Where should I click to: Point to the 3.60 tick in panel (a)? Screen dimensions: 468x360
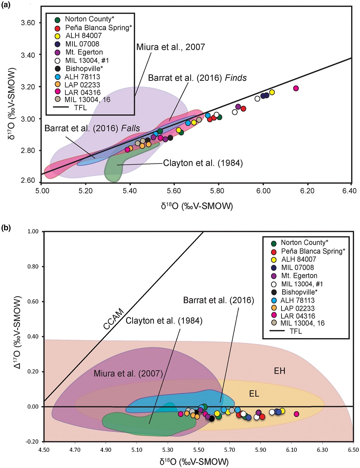tap(28, 23)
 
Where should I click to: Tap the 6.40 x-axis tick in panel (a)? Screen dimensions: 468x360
tap(349, 191)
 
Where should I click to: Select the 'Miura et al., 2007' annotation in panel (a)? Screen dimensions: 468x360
tap(171, 47)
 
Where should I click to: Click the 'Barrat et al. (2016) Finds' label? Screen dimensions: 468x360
tap(197, 78)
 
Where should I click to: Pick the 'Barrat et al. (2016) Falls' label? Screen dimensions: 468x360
tap(92, 128)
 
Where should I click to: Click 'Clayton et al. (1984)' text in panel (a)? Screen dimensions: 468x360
tap(203, 163)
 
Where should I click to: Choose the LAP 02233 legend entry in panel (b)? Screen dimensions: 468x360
tap(297, 308)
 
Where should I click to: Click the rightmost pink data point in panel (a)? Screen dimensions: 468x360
tap(296, 88)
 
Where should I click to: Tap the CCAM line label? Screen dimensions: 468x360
tap(114, 319)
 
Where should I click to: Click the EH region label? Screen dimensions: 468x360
tap(279, 371)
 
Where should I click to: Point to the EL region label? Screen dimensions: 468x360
tap(254, 394)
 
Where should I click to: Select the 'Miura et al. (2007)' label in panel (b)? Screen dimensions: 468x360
tap(128, 374)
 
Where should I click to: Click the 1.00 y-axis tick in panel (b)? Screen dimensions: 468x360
tap(33, 232)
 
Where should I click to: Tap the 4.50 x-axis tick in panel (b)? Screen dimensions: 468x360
tap(44, 450)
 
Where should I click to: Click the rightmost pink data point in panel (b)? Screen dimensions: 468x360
tap(296, 414)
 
